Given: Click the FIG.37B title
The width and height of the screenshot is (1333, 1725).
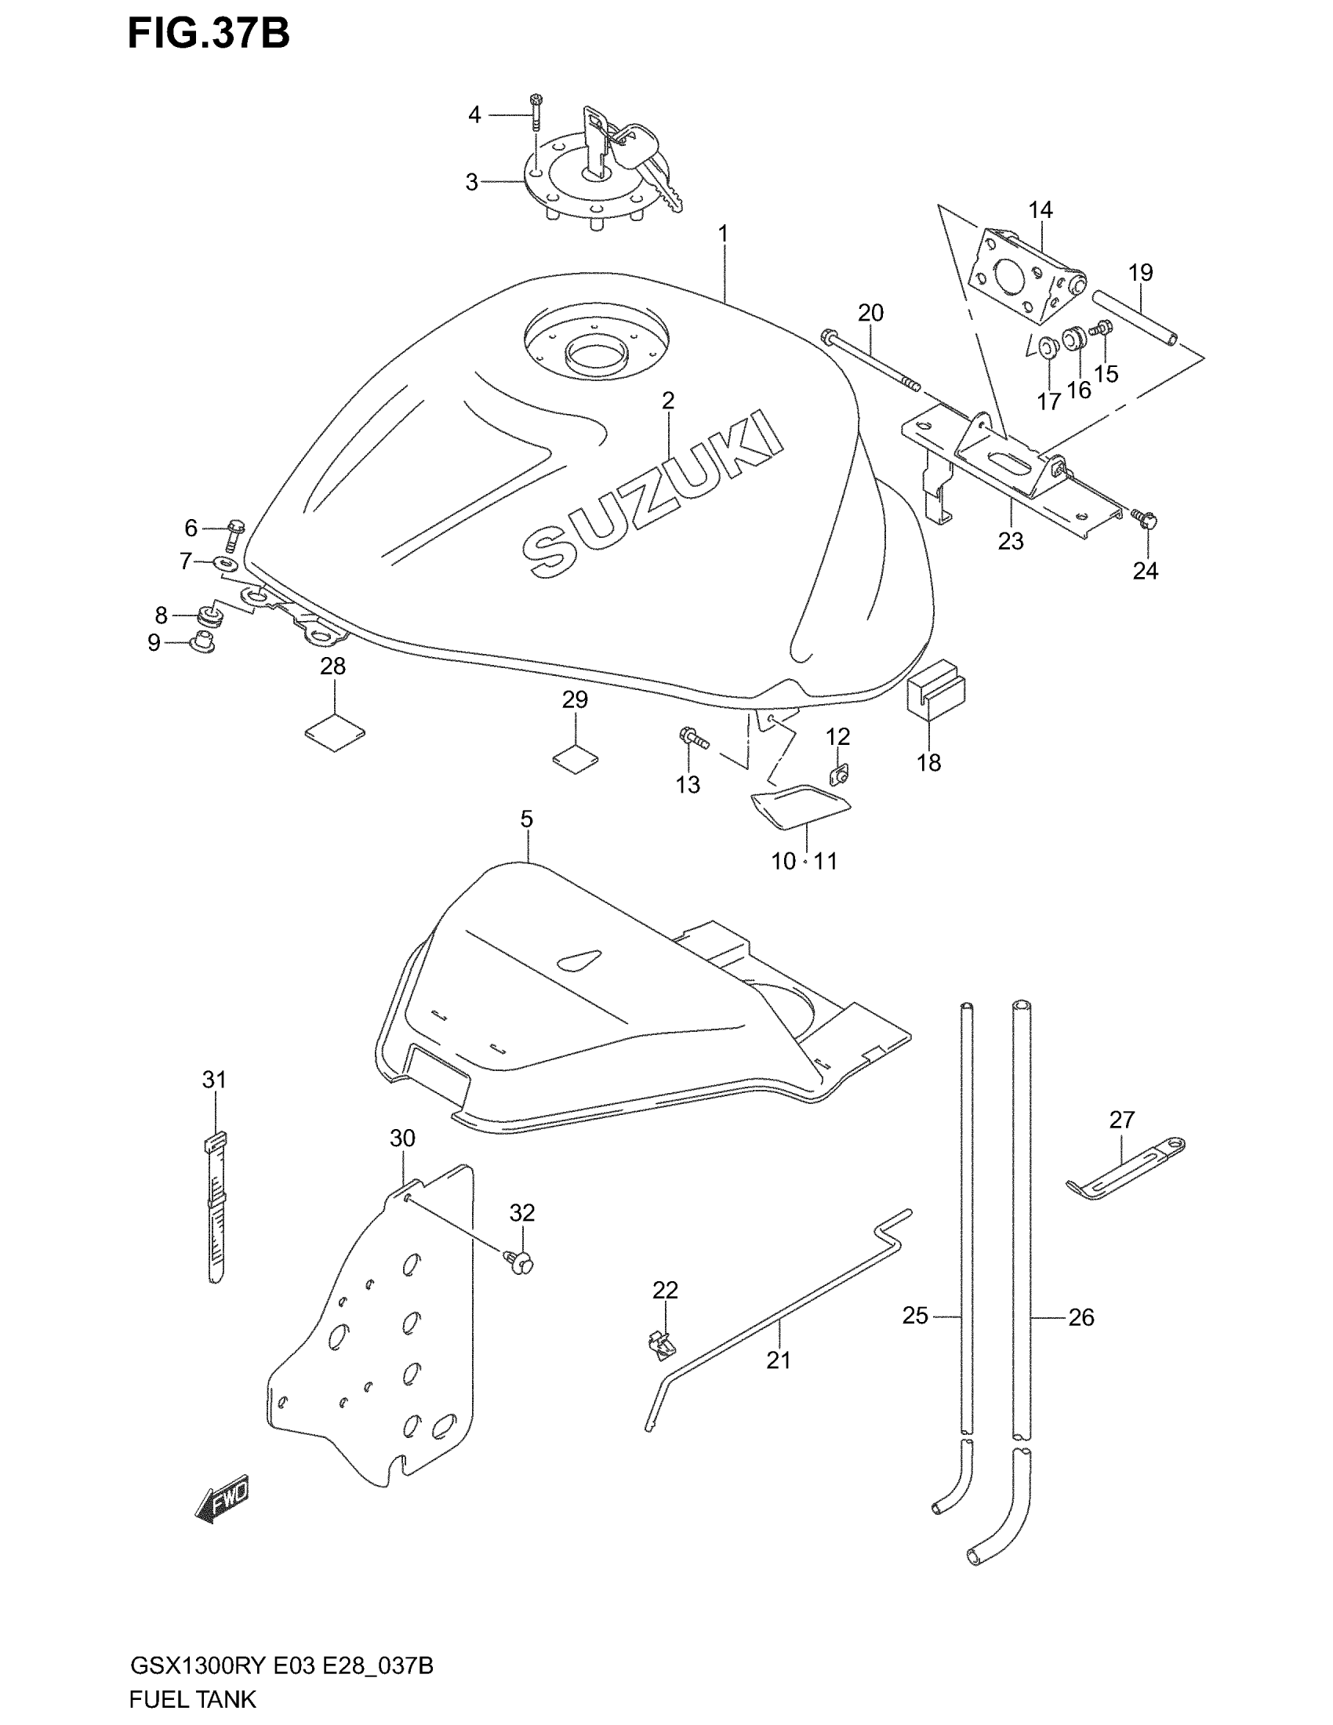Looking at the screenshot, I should tap(209, 34).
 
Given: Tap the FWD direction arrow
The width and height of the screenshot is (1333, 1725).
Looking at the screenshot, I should tap(223, 1498).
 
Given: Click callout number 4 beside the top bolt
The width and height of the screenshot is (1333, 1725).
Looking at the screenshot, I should tap(474, 115).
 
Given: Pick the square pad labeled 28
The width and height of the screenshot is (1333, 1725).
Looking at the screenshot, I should tap(335, 734).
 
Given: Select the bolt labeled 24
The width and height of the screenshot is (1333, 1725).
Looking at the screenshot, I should tap(1144, 518).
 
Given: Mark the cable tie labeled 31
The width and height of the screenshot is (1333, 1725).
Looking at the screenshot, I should tap(215, 1208).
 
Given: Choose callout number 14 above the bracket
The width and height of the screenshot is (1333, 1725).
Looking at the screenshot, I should tap(1040, 210).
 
